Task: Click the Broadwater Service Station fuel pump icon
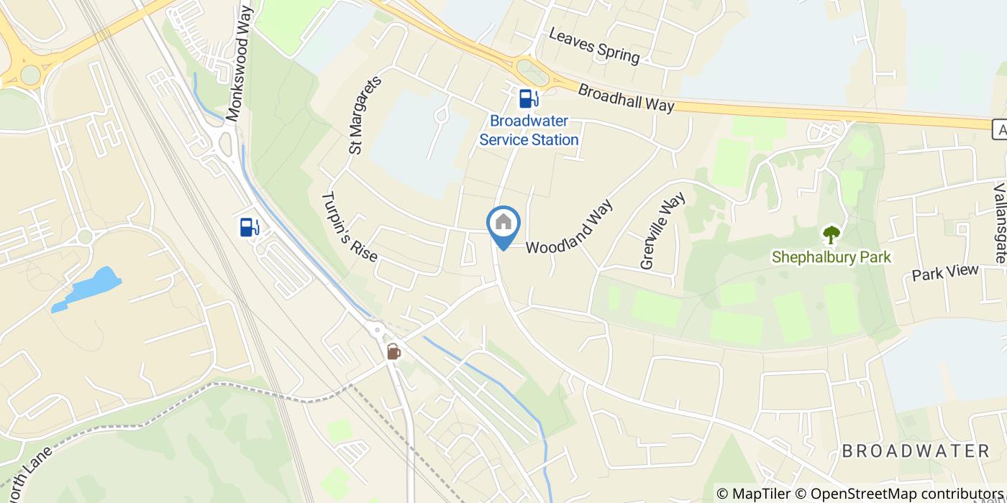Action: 529,98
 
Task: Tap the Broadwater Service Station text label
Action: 529,130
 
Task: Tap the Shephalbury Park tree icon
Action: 831,234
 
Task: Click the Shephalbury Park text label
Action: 841,257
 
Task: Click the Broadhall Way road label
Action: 626,98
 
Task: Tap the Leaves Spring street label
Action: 593,45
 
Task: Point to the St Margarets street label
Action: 365,115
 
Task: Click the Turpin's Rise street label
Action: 350,226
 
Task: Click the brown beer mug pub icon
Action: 393,351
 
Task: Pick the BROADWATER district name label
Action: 916,451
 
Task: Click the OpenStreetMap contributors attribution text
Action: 898,494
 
